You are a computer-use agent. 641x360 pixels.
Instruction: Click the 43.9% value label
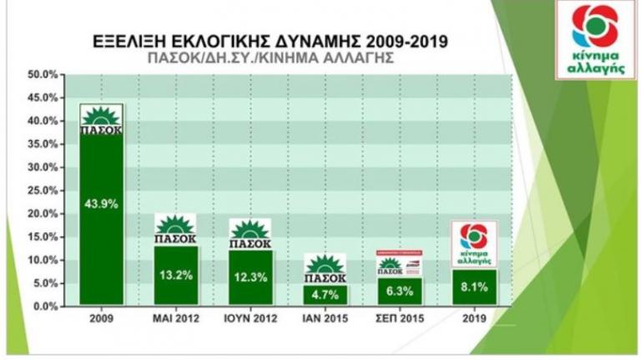(x=101, y=201)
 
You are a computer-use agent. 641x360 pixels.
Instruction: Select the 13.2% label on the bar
(x=176, y=276)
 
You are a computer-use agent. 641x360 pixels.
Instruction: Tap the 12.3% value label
(x=250, y=277)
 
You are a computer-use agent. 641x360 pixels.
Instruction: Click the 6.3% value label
(x=399, y=292)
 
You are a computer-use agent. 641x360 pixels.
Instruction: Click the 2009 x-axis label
(x=101, y=318)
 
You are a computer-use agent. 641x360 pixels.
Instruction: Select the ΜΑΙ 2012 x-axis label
(x=176, y=318)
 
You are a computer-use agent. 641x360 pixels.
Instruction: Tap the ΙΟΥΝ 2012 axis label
(x=250, y=318)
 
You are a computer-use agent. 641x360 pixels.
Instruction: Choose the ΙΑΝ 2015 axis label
(x=325, y=318)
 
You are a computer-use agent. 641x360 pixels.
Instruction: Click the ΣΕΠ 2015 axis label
(x=399, y=318)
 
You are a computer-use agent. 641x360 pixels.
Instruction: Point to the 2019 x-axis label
(x=473, y=318)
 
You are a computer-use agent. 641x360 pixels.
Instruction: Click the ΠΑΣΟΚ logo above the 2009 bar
(x=101, y=119)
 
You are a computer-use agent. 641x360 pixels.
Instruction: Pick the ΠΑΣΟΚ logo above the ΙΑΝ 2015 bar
(x=325, y=269)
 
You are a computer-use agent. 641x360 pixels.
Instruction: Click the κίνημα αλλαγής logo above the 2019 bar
(x=473, y=244)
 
